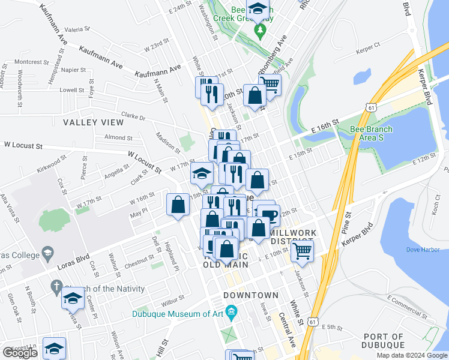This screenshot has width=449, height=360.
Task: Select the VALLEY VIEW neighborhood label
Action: coord(93,122)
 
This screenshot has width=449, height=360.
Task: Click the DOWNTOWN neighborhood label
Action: coord(251,295)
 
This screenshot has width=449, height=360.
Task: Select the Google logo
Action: coord(20,353)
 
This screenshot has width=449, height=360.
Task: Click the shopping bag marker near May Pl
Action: coord(178,205)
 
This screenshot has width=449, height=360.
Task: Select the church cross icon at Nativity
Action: coord(57,286)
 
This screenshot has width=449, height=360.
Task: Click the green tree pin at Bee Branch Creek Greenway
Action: coord(259,30)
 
